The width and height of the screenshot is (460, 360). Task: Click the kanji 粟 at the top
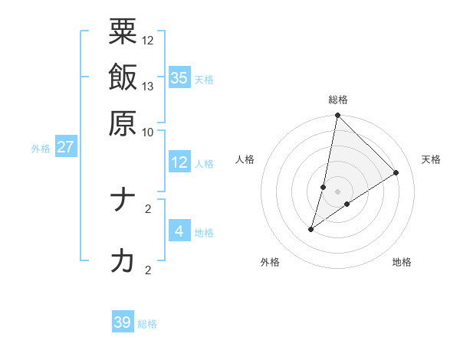(123, 33)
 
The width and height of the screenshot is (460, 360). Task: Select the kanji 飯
(123, 77)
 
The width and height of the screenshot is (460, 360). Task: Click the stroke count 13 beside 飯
(148, 86)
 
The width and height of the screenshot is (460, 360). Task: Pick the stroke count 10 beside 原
(148, 131)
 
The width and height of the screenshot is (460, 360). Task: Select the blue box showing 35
(179, 77)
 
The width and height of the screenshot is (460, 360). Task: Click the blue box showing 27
(65, 147)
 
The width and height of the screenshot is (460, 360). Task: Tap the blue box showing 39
(123, 322)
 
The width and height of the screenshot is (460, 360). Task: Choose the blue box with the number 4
(179, 231)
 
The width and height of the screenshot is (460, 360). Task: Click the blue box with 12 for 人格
(179, 162)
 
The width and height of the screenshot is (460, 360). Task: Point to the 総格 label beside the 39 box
(147, 324)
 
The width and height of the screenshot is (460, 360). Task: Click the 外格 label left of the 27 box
(40, 149)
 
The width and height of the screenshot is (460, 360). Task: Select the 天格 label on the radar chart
(431, 159)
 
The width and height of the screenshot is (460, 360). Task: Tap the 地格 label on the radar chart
(402, 262)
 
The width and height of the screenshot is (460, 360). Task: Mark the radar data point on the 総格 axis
(337, 116)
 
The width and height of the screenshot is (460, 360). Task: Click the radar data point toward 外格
(310, 229)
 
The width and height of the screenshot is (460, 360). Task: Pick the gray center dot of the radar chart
(337, 190)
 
